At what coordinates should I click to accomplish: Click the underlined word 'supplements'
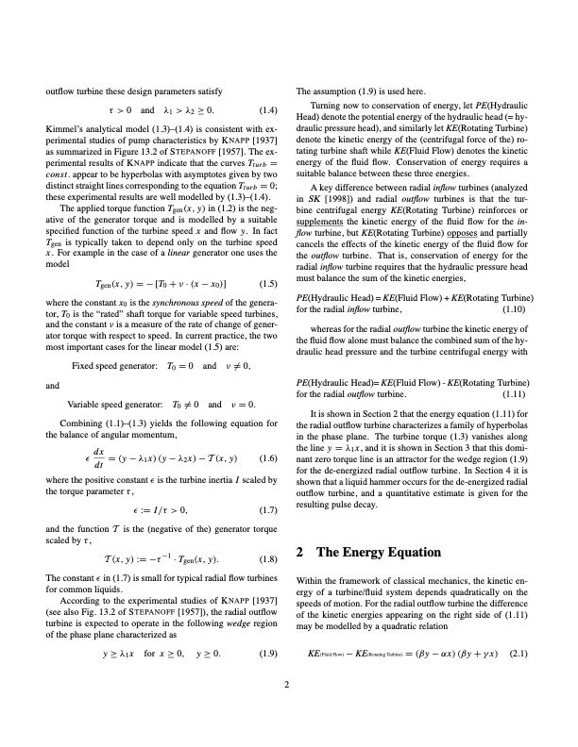pos(323,219)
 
